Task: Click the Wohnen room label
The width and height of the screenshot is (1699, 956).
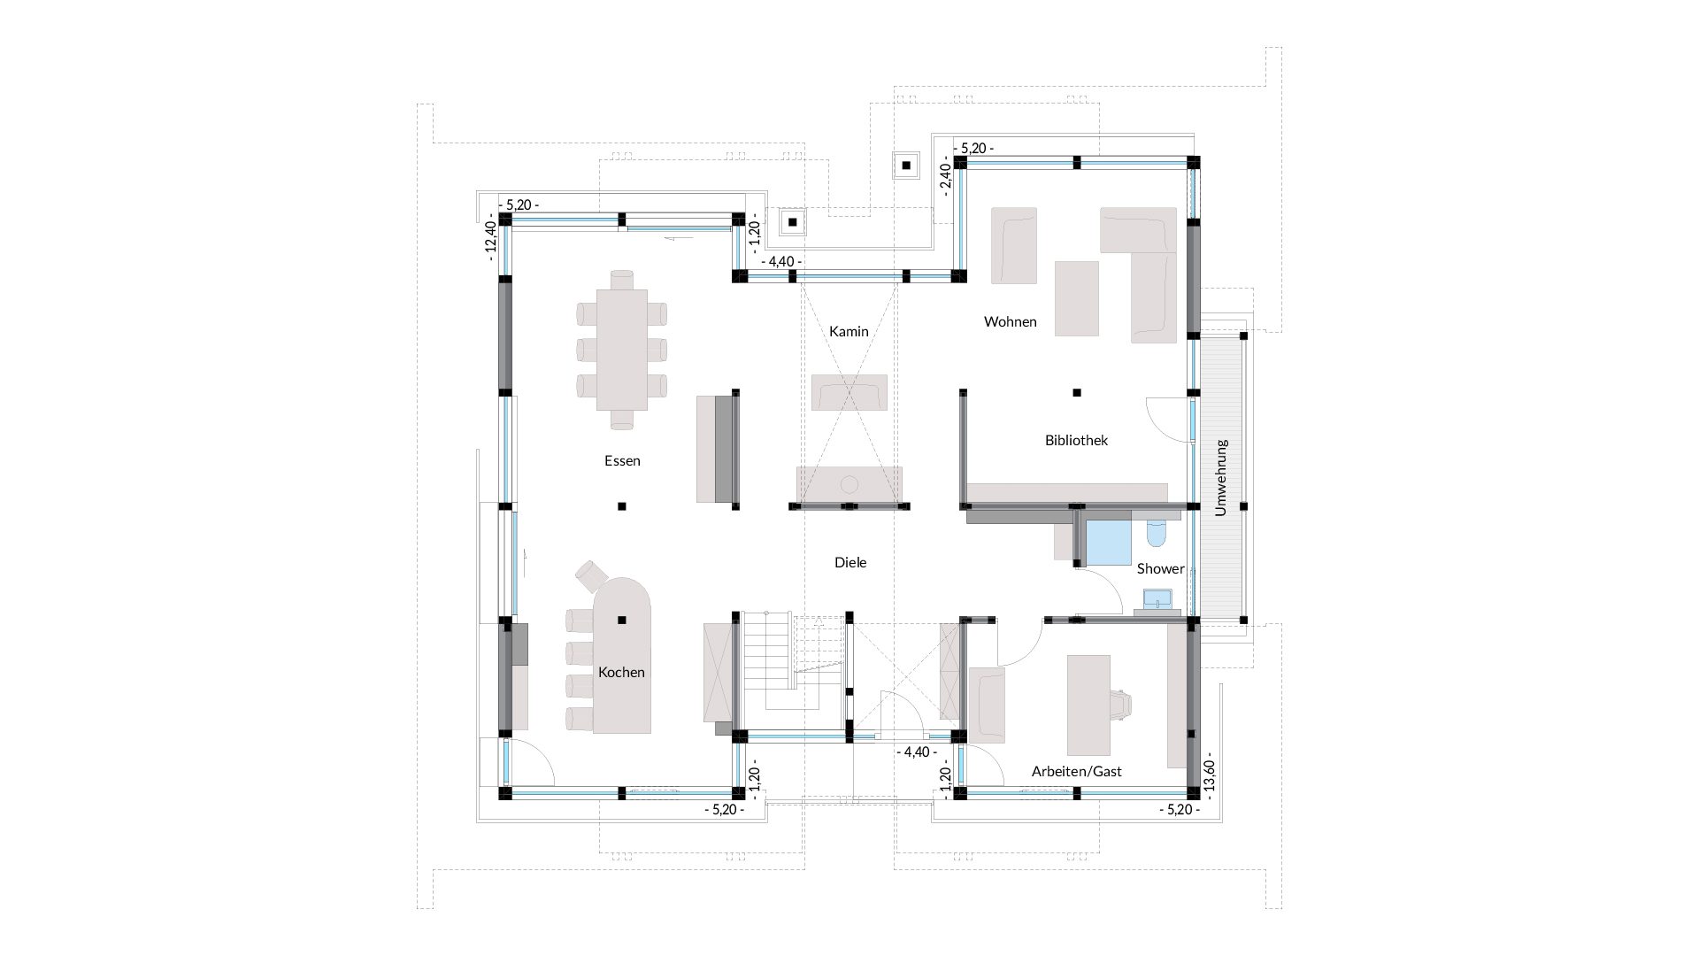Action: click(1010, 322)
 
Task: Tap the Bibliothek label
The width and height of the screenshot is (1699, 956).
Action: click(1076, 440)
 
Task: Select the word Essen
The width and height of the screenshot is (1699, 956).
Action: click(622, 460)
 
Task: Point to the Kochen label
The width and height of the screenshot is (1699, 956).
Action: click(621, 672)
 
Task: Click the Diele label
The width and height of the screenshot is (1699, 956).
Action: click(850, 562)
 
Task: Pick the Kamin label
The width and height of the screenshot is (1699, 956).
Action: click(849, 332)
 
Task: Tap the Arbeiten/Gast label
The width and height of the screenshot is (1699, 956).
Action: click(1076, 772)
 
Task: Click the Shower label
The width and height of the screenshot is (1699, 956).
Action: click(1160, 569)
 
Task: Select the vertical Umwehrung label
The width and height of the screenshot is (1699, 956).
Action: click(1221, 477)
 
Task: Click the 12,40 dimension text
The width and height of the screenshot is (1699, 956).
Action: click(490, 236)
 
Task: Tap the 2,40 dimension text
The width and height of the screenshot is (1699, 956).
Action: click(945, 181)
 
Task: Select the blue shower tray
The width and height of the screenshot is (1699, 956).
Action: click(1108, 542)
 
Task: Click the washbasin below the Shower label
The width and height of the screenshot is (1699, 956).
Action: click(1157, 601)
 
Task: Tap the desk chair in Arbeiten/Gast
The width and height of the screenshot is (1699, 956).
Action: click(1121, 703)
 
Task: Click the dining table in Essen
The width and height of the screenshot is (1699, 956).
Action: click(621, 350)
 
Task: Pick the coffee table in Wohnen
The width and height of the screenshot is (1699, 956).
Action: click(1076, 298)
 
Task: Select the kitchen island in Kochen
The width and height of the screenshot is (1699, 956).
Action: click(621, 655)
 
